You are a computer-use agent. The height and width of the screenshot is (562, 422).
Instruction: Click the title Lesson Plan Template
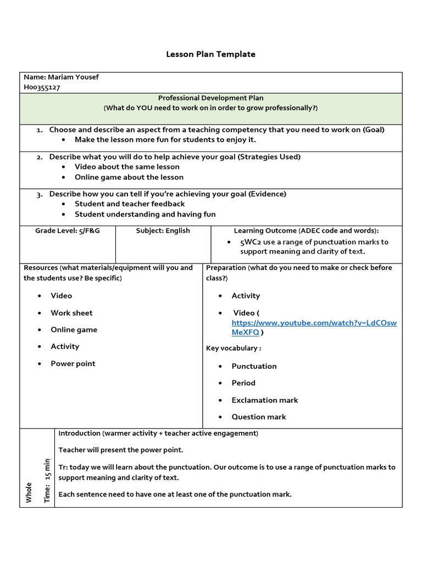pos(211,54)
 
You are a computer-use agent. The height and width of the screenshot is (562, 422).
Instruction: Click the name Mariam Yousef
pos(73,77)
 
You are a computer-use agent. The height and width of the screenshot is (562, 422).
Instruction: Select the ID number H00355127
pos(42,87)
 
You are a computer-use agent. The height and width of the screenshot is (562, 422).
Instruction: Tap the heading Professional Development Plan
pos(210,98)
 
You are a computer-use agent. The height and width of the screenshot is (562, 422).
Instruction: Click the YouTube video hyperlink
pos(314,328)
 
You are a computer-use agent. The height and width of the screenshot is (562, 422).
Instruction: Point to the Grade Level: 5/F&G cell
pos(68,231)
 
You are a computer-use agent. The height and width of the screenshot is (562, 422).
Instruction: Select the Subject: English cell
pos(163,231)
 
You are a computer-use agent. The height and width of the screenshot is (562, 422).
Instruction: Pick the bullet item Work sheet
pos(71,313)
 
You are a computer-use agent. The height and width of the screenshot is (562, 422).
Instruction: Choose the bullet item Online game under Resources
pos(74,330)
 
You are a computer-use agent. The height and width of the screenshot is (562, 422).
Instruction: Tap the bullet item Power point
pos(73,364)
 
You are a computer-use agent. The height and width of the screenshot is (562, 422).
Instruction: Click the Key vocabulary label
pos(233,349)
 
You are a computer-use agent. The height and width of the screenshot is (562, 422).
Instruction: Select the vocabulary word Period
pos(243,383)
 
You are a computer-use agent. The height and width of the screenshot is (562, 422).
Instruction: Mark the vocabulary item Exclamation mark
pos(264,400)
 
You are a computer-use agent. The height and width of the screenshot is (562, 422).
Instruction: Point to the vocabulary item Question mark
pos(258,417)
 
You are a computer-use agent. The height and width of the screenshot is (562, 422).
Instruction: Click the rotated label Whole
pos(29,492)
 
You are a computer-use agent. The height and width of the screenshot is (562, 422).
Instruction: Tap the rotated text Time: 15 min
pos(47,480)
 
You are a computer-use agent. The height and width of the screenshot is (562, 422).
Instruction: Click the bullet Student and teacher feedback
pos(130,204)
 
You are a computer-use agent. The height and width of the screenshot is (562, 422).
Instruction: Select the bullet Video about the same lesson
pos(127,167)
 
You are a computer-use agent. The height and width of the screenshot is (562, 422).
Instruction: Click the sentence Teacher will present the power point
pos(121,450)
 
